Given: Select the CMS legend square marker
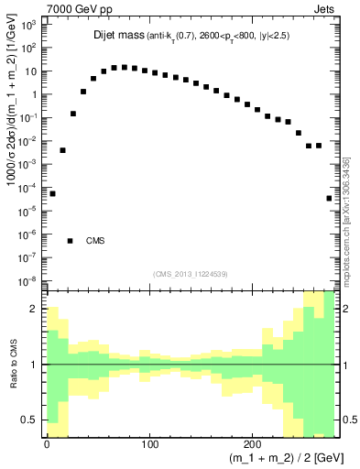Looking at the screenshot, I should pyautogui.click(x=71, y=241).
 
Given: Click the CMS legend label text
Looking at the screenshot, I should pyautogui.click(x=95, y=241).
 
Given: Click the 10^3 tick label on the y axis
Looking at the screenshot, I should pyautogui.click(x=28, y=25).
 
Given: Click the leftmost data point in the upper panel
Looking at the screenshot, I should pyautogui.click(x=52, y=193).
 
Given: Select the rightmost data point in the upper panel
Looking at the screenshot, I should pyautogui.click(x=329, y=198).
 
